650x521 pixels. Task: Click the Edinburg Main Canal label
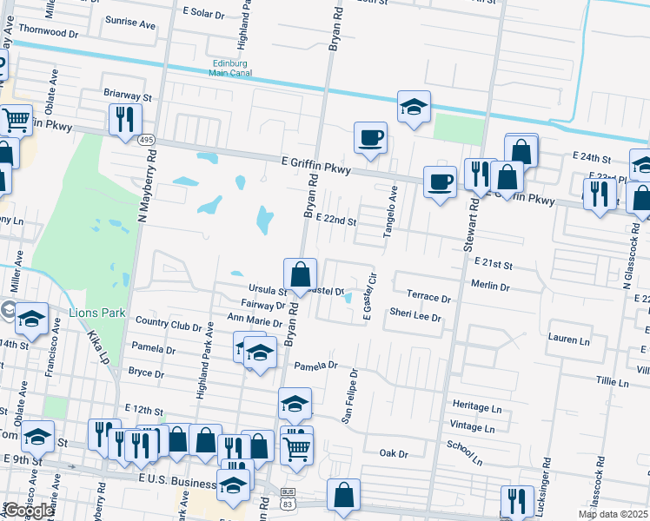(229, 68)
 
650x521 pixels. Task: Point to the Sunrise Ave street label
(129, 23)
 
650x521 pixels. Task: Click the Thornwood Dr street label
(48, 30)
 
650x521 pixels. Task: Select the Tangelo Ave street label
(390, 207)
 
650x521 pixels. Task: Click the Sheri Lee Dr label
(415, 318)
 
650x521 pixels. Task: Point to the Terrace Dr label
(429, 298)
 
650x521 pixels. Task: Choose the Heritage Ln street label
(477, 406)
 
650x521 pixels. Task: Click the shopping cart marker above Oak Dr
(296, 448)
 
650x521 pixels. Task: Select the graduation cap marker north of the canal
(415, 107)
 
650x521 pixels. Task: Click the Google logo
(29, 511)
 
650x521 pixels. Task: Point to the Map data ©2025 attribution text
(612, 514)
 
